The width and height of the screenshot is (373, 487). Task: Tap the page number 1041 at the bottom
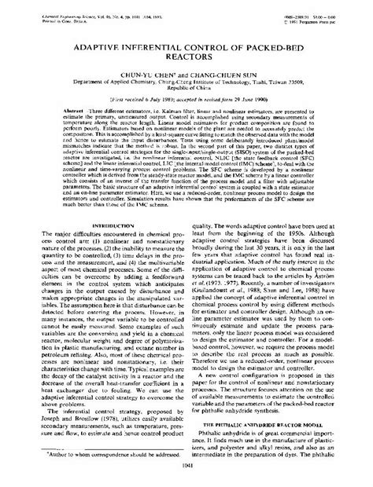(x=186, y=475)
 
